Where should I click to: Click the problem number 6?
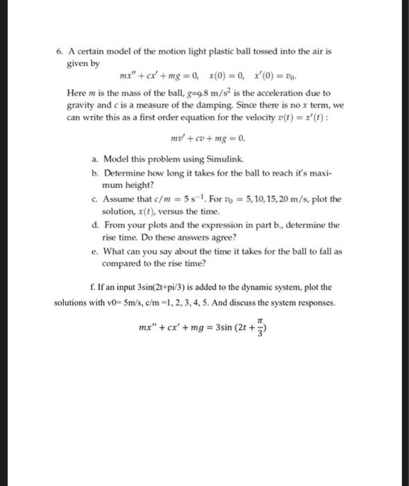pos(60,51)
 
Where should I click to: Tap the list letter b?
pos(94,174)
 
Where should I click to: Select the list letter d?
pos(94,225)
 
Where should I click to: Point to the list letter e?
pos(94,251)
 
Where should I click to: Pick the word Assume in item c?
pos(119,199)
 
